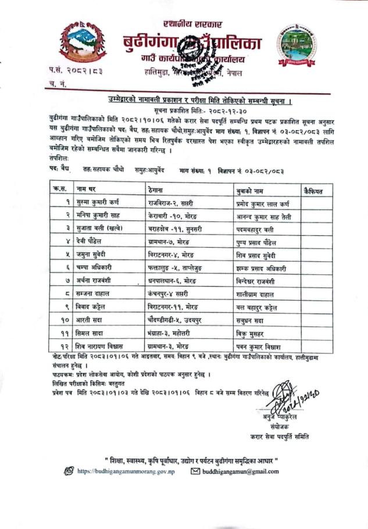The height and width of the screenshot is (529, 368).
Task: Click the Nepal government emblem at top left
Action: [x=83, y=42]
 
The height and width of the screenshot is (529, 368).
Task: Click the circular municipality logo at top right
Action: [x=296, y=45]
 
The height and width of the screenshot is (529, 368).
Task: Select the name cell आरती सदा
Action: [x=91, y=319]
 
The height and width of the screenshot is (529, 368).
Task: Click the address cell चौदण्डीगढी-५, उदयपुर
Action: [x=174, y=319]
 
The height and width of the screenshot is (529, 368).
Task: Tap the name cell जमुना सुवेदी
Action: [x=96, y=255]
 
